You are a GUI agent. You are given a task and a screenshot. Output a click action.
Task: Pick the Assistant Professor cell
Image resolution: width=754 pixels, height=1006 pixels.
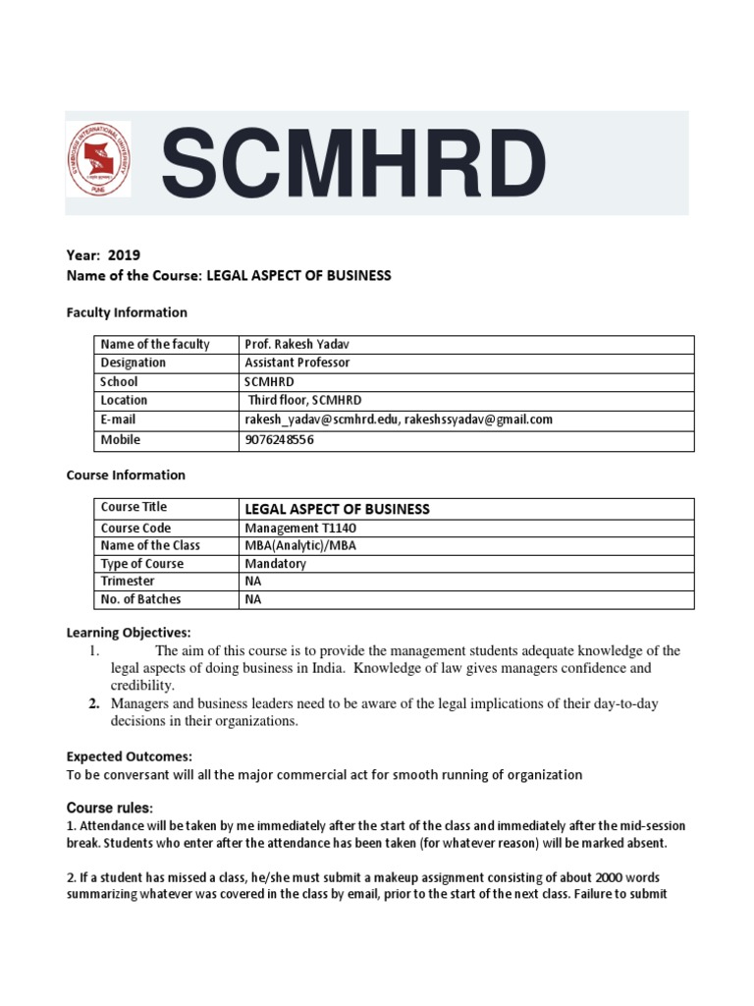[296, 363]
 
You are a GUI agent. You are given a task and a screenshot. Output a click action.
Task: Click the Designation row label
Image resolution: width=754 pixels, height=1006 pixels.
[134, 363]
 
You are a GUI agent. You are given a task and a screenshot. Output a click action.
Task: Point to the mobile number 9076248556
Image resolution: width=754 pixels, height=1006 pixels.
[281, 439]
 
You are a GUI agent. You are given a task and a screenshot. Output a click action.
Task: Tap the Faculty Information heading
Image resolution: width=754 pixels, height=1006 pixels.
[126, 312]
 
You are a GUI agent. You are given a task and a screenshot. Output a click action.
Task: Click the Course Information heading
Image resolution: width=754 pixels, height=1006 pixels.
[125, 475]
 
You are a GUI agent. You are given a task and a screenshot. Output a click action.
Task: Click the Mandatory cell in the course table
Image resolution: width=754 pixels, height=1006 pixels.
[275, 564]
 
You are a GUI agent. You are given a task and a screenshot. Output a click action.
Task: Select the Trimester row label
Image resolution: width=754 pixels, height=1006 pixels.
[128, 582]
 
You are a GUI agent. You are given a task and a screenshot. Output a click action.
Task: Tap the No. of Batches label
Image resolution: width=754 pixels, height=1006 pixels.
[140, 599]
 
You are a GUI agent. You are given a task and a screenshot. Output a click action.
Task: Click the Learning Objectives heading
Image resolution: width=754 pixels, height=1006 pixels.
[129, 631]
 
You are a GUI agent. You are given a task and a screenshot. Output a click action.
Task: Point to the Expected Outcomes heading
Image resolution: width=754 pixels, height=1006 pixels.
[129, 756]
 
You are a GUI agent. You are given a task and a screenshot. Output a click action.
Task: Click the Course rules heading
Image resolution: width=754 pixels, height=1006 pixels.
[110, 807]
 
